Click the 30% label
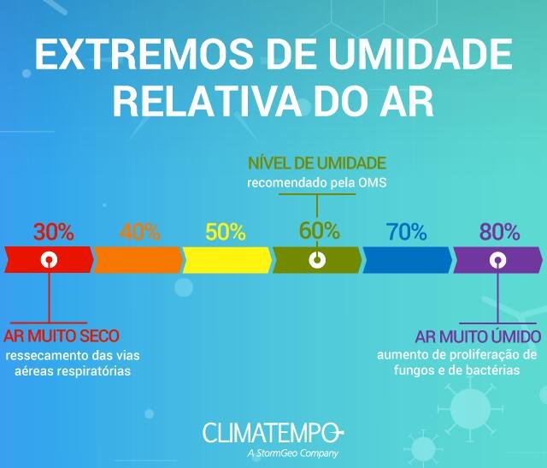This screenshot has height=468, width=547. pyautogui.click(x=54, y=231)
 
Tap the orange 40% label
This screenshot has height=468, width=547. pyautogui.click(x=140, y=231)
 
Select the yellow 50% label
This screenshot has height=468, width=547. pyautogui.click(x=226, y=231)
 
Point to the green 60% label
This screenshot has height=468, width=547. pyautogui.click(x=319, y=230)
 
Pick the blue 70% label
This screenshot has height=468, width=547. pyautogui.click(x=406, y=231)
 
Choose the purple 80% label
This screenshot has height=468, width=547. pyautogui.click(x=499, y=231)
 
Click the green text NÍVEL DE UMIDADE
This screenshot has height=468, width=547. pyautogui.click(x=317, y=163)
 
